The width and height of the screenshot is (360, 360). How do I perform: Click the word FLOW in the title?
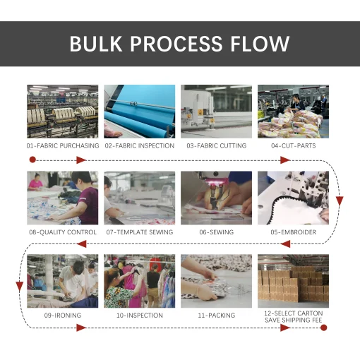click(260, 44)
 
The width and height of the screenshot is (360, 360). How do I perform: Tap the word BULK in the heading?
click(96, 44)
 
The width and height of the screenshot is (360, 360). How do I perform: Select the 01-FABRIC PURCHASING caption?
click(63, 146)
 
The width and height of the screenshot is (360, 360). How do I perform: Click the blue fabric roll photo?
click(140, 112)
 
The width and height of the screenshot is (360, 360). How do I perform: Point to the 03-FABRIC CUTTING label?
click(217, 146)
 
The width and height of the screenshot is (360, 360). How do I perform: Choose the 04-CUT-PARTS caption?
click(294, 146)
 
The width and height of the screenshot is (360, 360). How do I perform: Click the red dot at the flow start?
click(32, 160)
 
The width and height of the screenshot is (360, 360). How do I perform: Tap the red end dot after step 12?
click(324, 328)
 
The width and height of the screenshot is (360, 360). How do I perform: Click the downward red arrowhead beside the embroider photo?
click(340, 200)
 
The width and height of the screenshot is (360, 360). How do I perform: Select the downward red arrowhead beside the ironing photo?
click(19, 287)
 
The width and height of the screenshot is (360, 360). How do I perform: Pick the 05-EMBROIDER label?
click(294, 232)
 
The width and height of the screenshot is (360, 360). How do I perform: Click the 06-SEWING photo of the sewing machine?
click(216, 198)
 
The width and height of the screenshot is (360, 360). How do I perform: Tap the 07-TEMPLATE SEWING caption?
click(140, 232)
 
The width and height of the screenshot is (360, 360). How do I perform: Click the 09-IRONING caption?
click(63, 316)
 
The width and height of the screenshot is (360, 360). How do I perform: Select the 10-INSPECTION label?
click(140, 316)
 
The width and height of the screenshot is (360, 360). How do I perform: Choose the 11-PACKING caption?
click(217, 316)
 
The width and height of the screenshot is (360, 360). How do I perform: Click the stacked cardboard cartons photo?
click(293, 281)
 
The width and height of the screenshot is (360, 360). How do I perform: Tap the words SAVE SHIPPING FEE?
click(294, 320)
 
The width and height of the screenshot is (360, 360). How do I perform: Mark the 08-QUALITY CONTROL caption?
click(63, 232)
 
